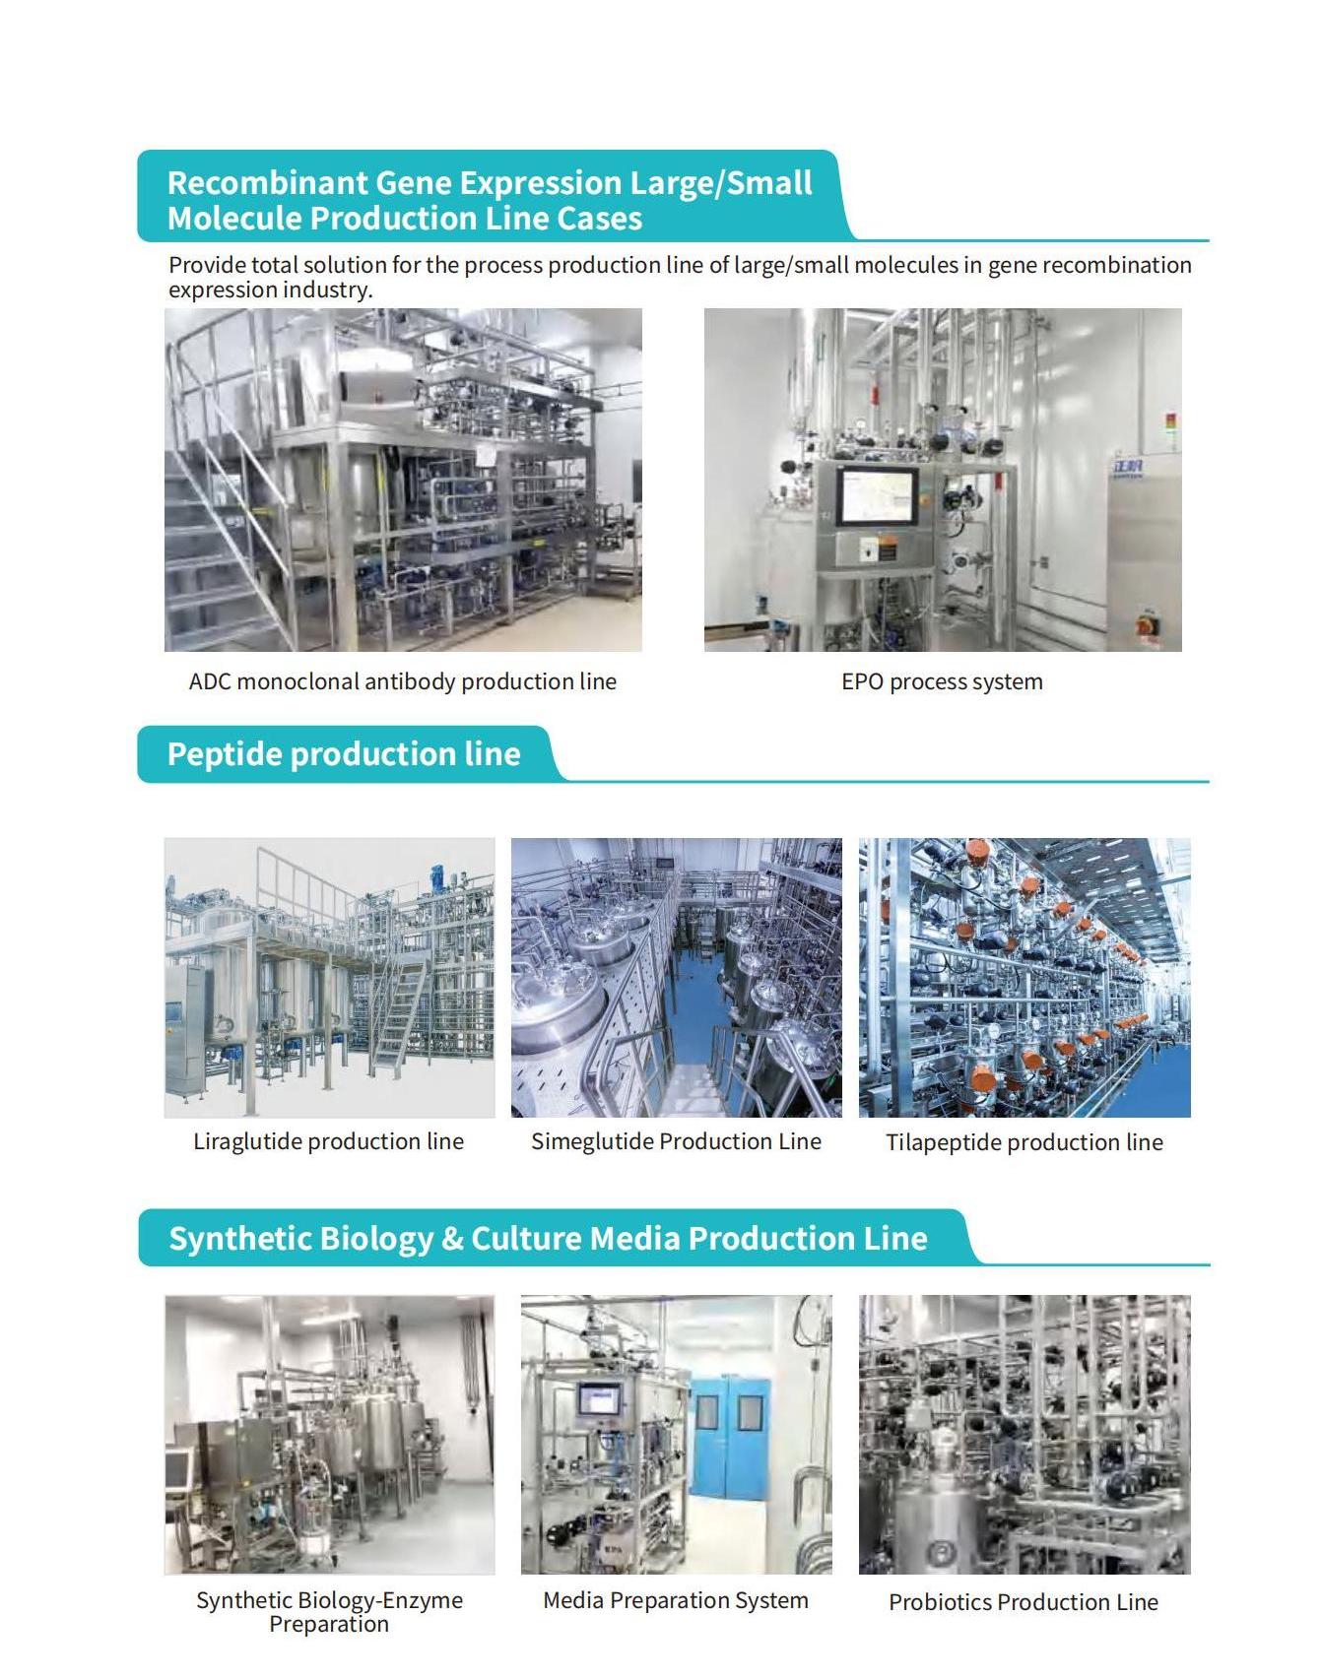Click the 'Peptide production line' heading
point(344,754)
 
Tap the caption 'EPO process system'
point(942,681)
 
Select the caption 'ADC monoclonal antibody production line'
point(402,681)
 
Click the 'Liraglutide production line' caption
point(328,1141)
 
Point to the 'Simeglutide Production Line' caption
point(676,1141)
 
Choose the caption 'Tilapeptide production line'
point(1024,1142)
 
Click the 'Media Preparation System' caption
point(676,1600)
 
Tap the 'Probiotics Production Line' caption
point(1023,1602)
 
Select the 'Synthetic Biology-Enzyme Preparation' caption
point(329,1612)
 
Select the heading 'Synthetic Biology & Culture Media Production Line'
point(548,1238)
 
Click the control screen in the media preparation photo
point(599,1400)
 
